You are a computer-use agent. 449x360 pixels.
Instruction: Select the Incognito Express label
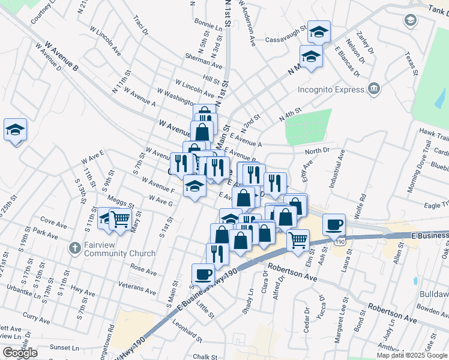(x=331, y=90)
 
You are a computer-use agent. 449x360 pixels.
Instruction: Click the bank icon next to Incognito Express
(x=375, y=89)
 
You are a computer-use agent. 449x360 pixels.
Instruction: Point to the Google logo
(x=20, y=353)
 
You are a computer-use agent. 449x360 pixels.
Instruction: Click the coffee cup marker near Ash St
(x=334, y=224)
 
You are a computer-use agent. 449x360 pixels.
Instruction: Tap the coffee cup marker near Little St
(x=203, y=274)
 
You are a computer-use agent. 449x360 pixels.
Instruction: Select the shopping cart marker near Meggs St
(x=120, y=220)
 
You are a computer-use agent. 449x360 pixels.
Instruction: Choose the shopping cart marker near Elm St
(x=298, y=240)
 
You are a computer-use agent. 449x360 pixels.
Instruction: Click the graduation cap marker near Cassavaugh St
(x=319, y=32)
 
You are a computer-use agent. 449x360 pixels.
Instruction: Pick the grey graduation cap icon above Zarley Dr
(x=411, y=20)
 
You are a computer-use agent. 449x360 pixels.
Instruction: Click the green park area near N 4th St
(x=308, y=127)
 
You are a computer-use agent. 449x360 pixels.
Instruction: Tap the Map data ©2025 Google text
(x=412, y=355)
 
